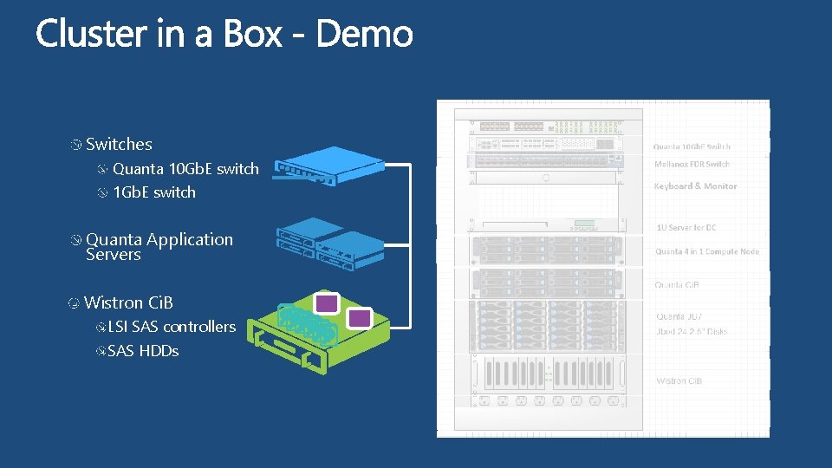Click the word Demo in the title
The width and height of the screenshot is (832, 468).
(x=364, y=35)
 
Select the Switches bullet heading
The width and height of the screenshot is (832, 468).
(x=119, y=145)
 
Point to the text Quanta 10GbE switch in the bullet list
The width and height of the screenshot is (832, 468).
(x=185, y=169)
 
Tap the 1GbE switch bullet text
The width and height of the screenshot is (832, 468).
(x=154, y=192)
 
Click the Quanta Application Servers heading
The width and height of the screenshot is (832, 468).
(x=159, y=247)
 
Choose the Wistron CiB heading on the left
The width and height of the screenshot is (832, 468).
(x=128, y=302)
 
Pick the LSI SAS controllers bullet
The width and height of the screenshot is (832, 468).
(x=172, y=327)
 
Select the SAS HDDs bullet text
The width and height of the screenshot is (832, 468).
(x=143, y=351)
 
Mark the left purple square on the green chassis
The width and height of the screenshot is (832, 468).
(x=326, y=302)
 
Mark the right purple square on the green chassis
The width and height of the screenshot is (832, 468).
(x=360, y=318)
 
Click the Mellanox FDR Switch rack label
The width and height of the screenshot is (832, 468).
(x=692, y=164)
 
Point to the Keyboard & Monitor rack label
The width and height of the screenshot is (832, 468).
(x=695, y=186)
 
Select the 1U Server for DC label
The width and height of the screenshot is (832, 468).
(x=686, y=228)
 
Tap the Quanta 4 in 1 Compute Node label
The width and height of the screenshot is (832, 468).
(x=707, y=251)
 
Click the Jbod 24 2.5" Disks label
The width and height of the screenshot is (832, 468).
(x=692, y=332)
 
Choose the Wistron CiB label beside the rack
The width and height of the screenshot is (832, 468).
(x=679, y=381)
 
